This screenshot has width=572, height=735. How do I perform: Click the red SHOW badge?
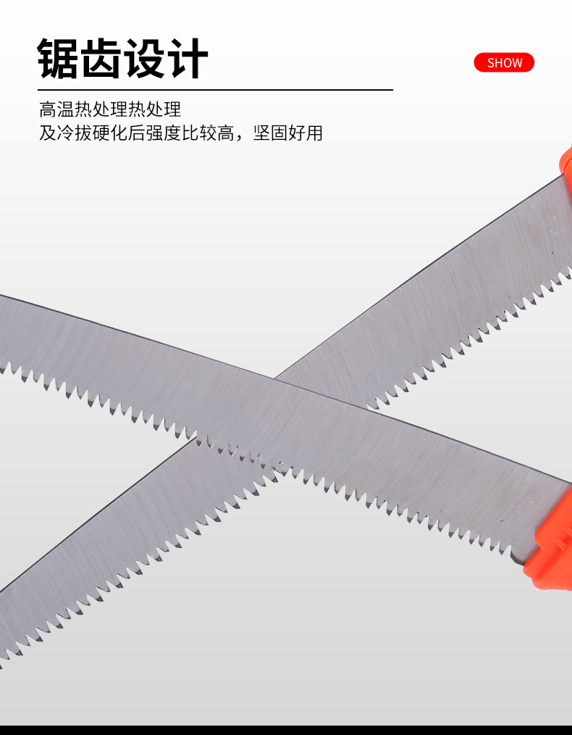click(504, 62)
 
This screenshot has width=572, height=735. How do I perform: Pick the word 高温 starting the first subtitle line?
click(56, 109)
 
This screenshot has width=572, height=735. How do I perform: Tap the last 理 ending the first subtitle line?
click(172, 109)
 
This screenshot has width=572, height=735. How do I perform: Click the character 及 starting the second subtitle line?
click(48, 133)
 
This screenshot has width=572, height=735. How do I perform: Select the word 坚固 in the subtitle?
click(269, 133)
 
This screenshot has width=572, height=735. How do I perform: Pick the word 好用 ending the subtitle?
click(305, 133)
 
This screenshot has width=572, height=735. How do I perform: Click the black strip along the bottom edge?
click(286, 729)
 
